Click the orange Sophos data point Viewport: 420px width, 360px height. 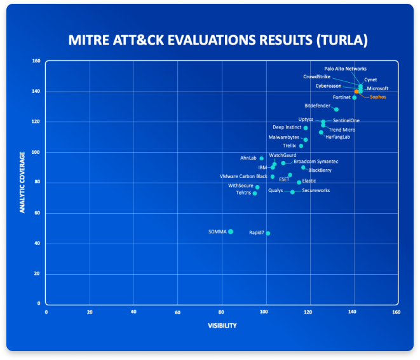(357, 92)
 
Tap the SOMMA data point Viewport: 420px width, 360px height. (231, 232)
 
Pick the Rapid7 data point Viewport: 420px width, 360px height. (268, 233)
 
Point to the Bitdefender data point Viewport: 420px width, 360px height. (336, 109)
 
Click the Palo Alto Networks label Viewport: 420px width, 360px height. (345, 69)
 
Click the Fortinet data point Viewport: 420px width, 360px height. (354, 97)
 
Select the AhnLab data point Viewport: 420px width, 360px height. (261, 158)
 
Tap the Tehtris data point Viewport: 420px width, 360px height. (255, 193)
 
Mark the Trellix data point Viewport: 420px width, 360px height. (301, 146)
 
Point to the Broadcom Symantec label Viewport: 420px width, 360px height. (316, 162)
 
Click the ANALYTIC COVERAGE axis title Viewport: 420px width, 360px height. (22, 182)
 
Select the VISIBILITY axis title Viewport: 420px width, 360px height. (222, 326)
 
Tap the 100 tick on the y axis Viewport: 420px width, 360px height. (36, 152)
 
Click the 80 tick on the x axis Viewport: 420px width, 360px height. (221, 312)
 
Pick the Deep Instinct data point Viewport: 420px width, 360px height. (306, 128)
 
